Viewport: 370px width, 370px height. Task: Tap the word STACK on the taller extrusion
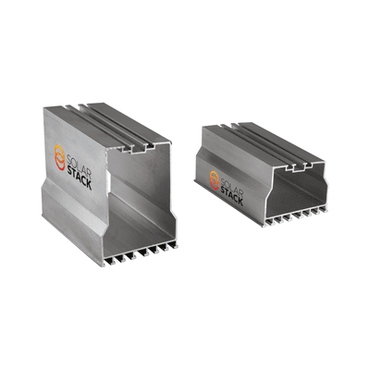click(x=80, y=177)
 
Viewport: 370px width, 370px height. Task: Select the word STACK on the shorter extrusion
click(x=231, y=196)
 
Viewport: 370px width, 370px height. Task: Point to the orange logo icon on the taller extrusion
click(x=59, y=157)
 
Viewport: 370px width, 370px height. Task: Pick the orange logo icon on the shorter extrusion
click(x=214, y=180)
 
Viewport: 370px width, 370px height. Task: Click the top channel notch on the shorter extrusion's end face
click(x=299, y=166)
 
